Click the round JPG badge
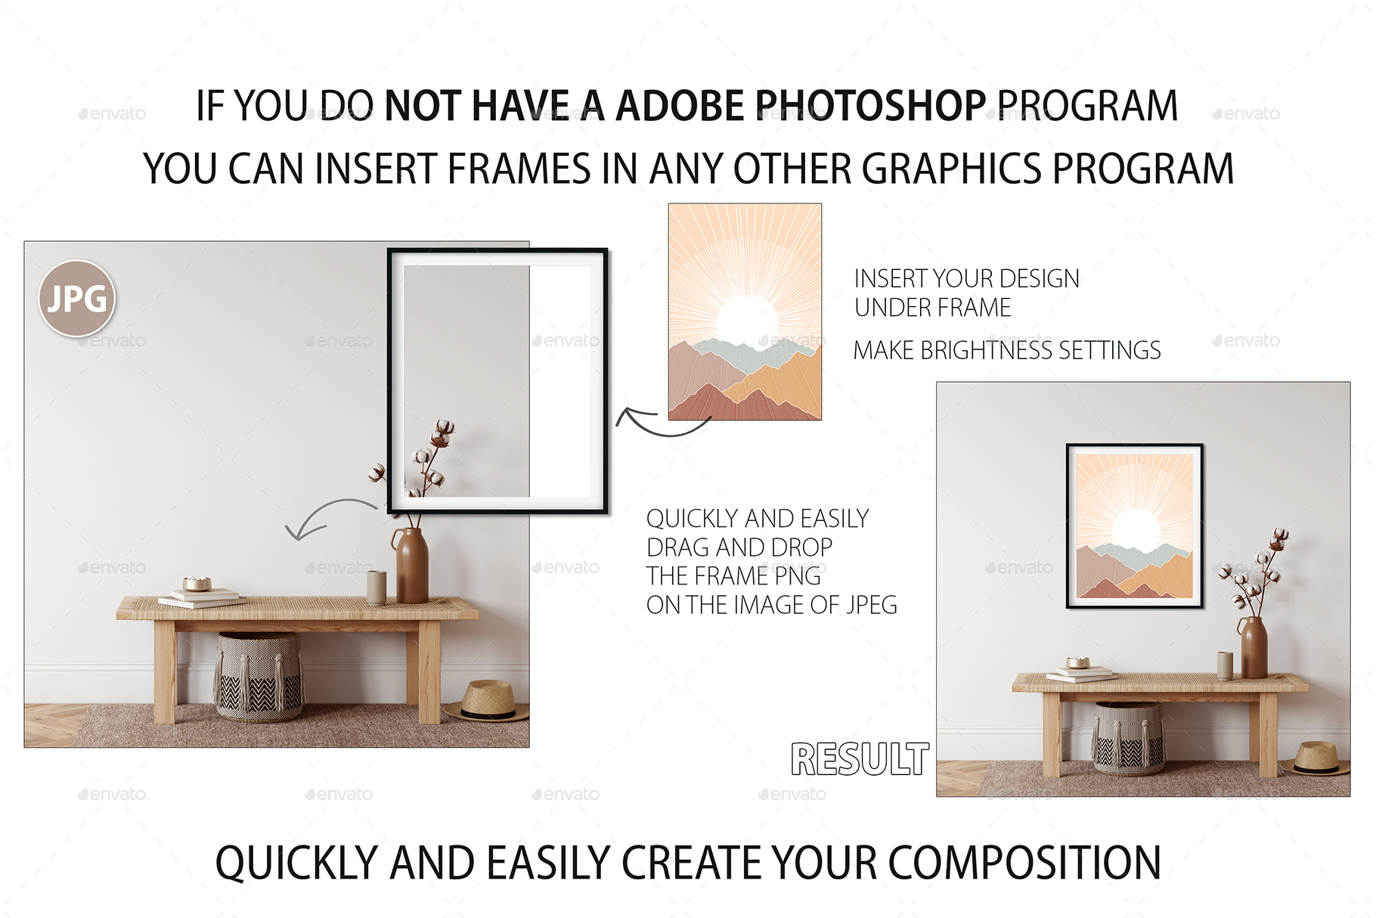[77, 299]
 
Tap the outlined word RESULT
[860, 759]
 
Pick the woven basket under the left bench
[259, 676]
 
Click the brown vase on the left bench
[411, 566]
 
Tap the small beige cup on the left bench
[377, 587]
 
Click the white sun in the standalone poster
[746, 318]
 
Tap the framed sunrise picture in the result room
[1134, 526]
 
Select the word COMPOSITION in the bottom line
[1024, 864]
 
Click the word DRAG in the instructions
[678, 547]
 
